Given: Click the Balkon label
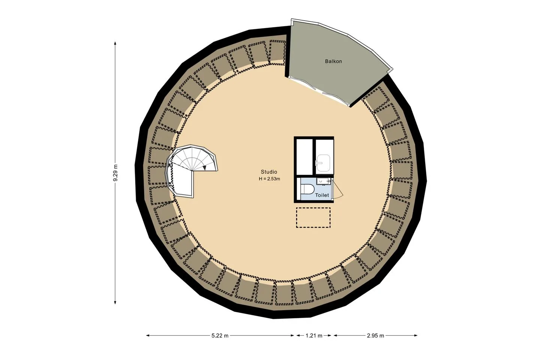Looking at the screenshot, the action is (333, 61).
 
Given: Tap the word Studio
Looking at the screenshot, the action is (269, 172).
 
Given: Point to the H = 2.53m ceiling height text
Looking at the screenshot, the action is (269, 179).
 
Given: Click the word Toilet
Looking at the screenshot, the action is (322, 195).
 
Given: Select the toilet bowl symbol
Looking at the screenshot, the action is (307, 189).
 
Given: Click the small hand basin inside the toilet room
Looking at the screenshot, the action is (322, 181).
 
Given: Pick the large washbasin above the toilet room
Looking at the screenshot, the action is (323, 163).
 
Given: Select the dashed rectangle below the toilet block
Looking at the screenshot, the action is (313, 217).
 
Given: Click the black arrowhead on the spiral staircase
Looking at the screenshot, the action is (204, 168).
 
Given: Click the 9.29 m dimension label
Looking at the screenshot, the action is (115, 172).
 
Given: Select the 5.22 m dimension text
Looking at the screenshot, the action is (220, 336).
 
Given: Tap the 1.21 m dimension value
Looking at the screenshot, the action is (314, 336).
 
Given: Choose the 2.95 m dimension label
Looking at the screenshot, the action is (375, 336).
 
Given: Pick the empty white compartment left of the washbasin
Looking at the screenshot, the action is (304, 157).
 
